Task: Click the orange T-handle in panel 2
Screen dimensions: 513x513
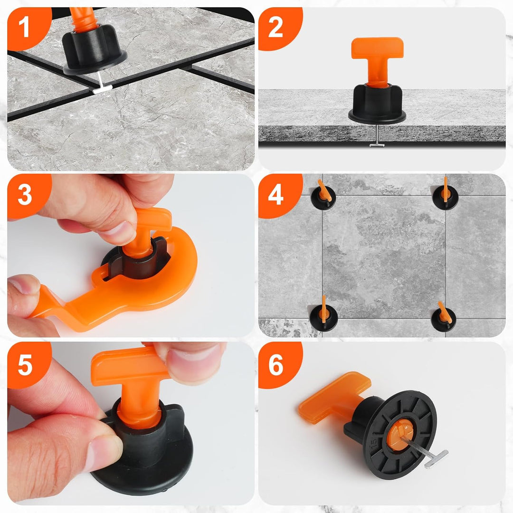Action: [x=377, y=59]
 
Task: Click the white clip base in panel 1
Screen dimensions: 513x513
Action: [x=103, y=88]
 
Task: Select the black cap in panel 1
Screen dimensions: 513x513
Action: [x=94, y=49]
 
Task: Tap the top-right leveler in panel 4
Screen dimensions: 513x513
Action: [x=445, y=195]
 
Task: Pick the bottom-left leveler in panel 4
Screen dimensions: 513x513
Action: [x=323, y=316]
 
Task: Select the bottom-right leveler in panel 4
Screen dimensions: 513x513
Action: [x=444, y=318]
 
